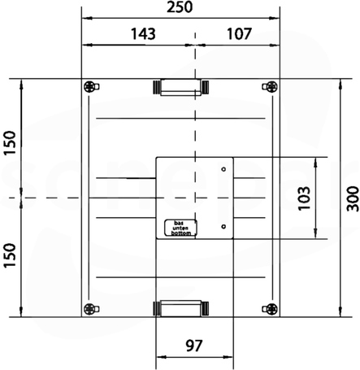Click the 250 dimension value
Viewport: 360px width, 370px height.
pyautogui.click(x=180, y=7)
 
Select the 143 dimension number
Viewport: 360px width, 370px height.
pyautogui.click(x=143, y=34)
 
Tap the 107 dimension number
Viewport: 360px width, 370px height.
pyautogui.click(x=239, y=34)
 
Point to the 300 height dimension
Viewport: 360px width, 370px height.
pyautogui.click(x=353, y=198)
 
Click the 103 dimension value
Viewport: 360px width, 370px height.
pyautogui.click(x=304, y=198)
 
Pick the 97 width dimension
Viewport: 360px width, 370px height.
pyautogui.click(x=194, y=346)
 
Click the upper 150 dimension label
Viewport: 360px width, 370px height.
pyautogui.click(x=10, y=143)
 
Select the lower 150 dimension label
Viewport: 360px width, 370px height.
pyautogui.click(x=10, y=255)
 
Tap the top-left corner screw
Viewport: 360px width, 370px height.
pyautogui.click(x=91, y=87)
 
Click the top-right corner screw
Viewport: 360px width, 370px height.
pyautogui.click(x=270, y=87)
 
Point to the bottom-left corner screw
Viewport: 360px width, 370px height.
pyautogui.click(x=91, y=309)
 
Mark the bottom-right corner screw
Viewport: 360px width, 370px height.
pyautogui.click(x=270, y=309)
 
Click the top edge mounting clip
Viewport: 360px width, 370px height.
pyautogui.click(x=180, y=87)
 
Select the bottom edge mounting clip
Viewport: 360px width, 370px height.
pyautogui.click(x=180, y=308)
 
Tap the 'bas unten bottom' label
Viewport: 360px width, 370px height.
pyautogui.click(x=180, y=228)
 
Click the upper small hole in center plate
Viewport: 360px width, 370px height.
pyautogui.click(x=223, y=169)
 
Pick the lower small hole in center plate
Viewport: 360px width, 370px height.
pyautogui.click(x=223, y=226)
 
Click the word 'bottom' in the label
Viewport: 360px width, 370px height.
pyautogui.click(x=181, y=233)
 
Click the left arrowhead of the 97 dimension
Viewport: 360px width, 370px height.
pyautogui.click(x=161, y=357)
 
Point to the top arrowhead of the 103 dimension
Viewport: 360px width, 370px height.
pyautogui.click(x=315, y=163)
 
